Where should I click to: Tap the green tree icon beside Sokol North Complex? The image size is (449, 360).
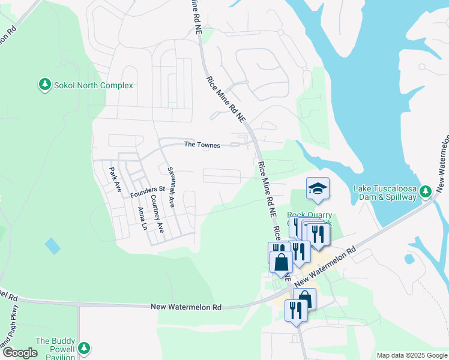[x=44, y=85]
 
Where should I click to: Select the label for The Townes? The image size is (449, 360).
[x=202, y=145]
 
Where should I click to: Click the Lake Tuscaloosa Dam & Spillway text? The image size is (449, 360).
[x=385, y=193]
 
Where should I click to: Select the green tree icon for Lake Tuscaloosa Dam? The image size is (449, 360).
[x=426, y=192]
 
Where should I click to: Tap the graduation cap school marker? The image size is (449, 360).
[x=318, y=189]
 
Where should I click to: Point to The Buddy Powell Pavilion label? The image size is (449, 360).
[x=55, y=349]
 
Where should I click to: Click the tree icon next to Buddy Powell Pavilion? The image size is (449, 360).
[x=84, y=348]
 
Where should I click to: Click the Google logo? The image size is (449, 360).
[x=20, y=353]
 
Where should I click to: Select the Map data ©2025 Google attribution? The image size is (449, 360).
[x=412, y=355]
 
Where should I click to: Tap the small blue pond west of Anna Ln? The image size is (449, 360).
[x=53, y=246]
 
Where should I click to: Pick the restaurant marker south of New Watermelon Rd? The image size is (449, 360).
[x=295, y=310]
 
